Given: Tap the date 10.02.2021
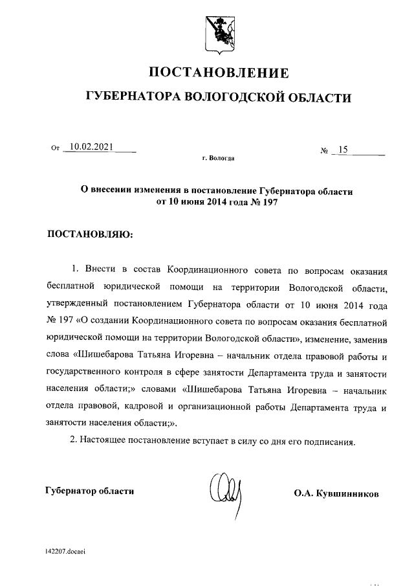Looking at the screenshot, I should [91, 147].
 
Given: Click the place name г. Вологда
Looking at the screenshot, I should [218, 159].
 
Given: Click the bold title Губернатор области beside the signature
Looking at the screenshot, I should [90, 491].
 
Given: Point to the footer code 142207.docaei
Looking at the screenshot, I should [67, 552].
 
